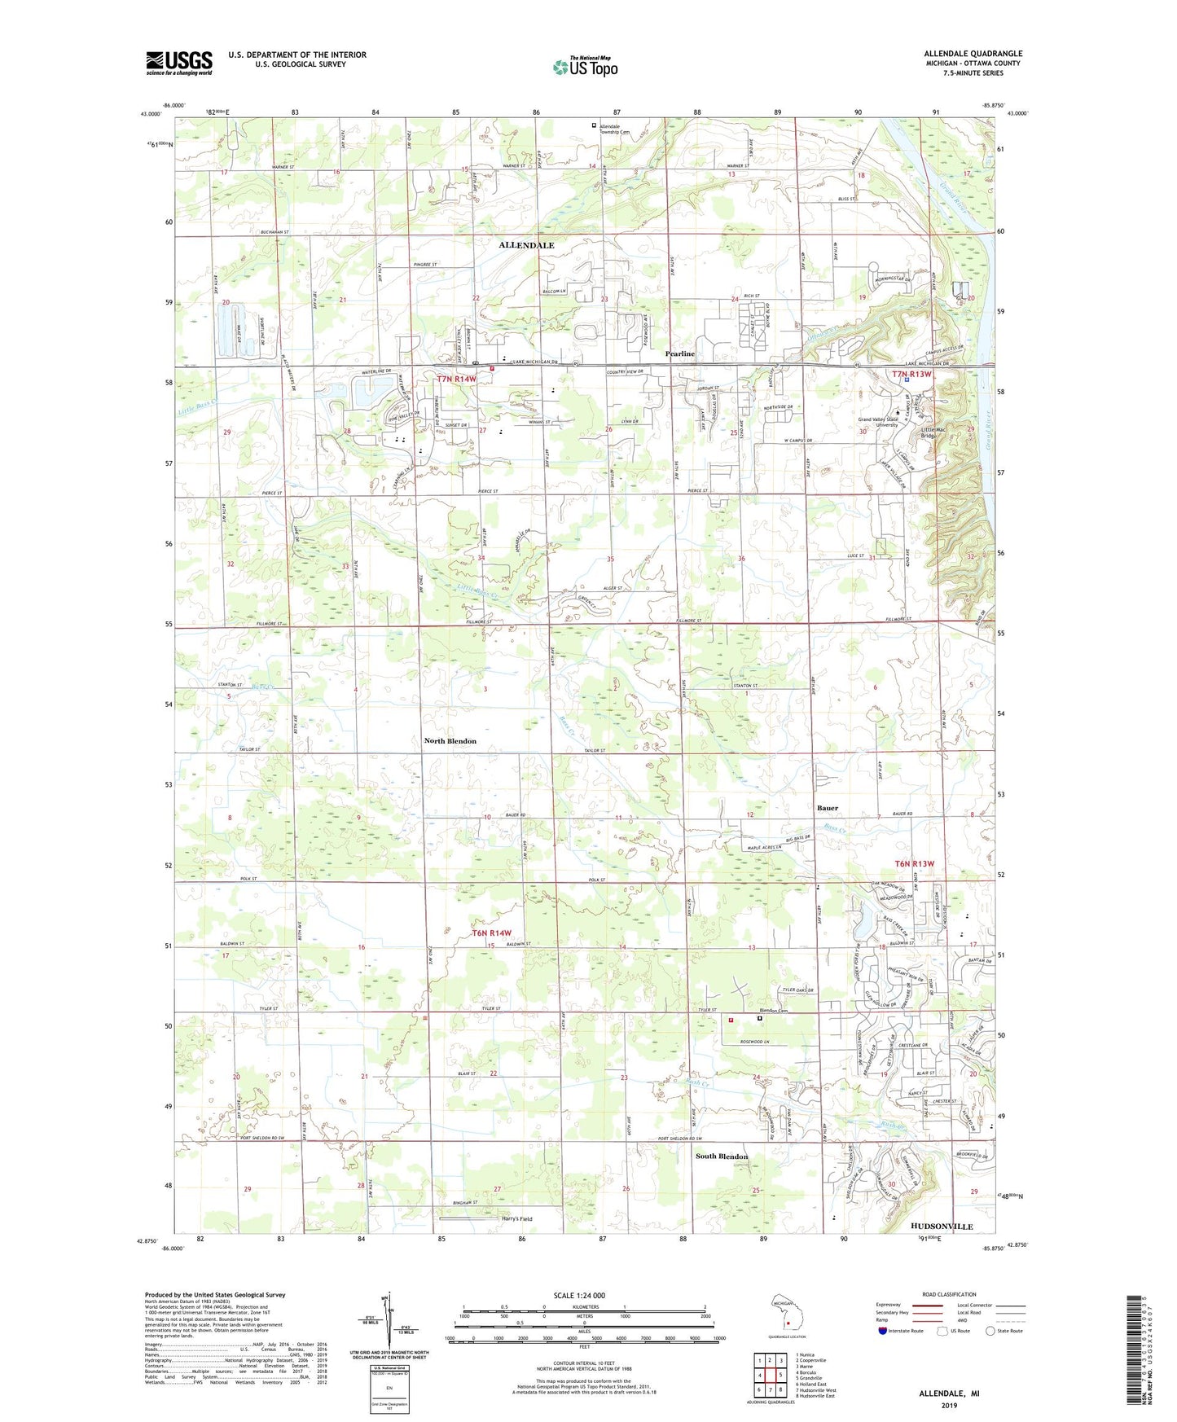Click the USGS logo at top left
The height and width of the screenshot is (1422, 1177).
pyautogui.click(x=179, y=63)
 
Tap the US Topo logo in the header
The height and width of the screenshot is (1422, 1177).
pyautogui.click(x=585, y=67)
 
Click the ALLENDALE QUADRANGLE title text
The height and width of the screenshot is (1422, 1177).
pyautogui.click(x=973, y=54)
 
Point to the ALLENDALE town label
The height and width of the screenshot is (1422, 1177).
pyautogui.click(x=526, y=245)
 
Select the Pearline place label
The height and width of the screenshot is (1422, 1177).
pyautogui.click(x=680, y=353)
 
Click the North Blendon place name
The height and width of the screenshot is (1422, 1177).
pyautogui.click(x=450, y=741)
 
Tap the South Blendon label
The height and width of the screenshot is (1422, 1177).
pyautogui.click(x=721, y=1156)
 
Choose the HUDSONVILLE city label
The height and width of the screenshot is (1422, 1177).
pyautogui.click(x=942, y=1227)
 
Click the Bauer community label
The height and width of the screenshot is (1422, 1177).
pyautogui.click(x=827, y=808)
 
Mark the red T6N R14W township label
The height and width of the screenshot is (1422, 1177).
pyautogui.click(x=492, y=933)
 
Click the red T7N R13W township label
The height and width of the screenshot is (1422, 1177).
pyautogui.click(x=911, y=374)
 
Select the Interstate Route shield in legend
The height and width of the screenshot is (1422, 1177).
pyautogui.click(x=882, y=1331)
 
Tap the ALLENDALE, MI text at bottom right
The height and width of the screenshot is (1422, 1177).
pyautogui.click(x=949, y=1393)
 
